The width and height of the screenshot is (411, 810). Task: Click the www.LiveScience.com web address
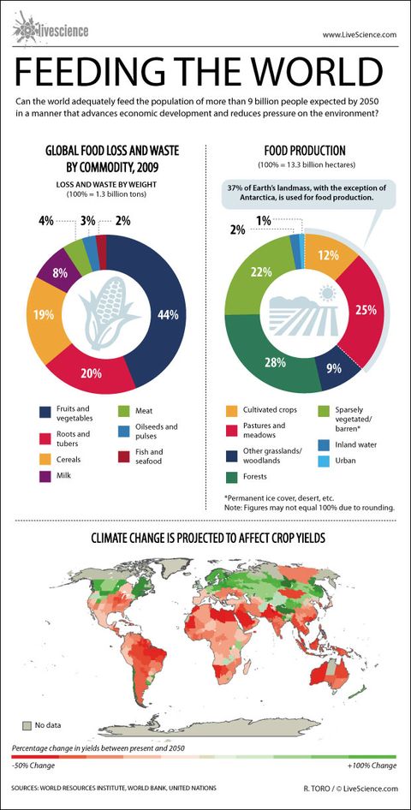coord(359,34)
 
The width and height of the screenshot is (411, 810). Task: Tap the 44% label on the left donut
coord(168,315)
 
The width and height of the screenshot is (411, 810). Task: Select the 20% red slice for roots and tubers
coord(115,373)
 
